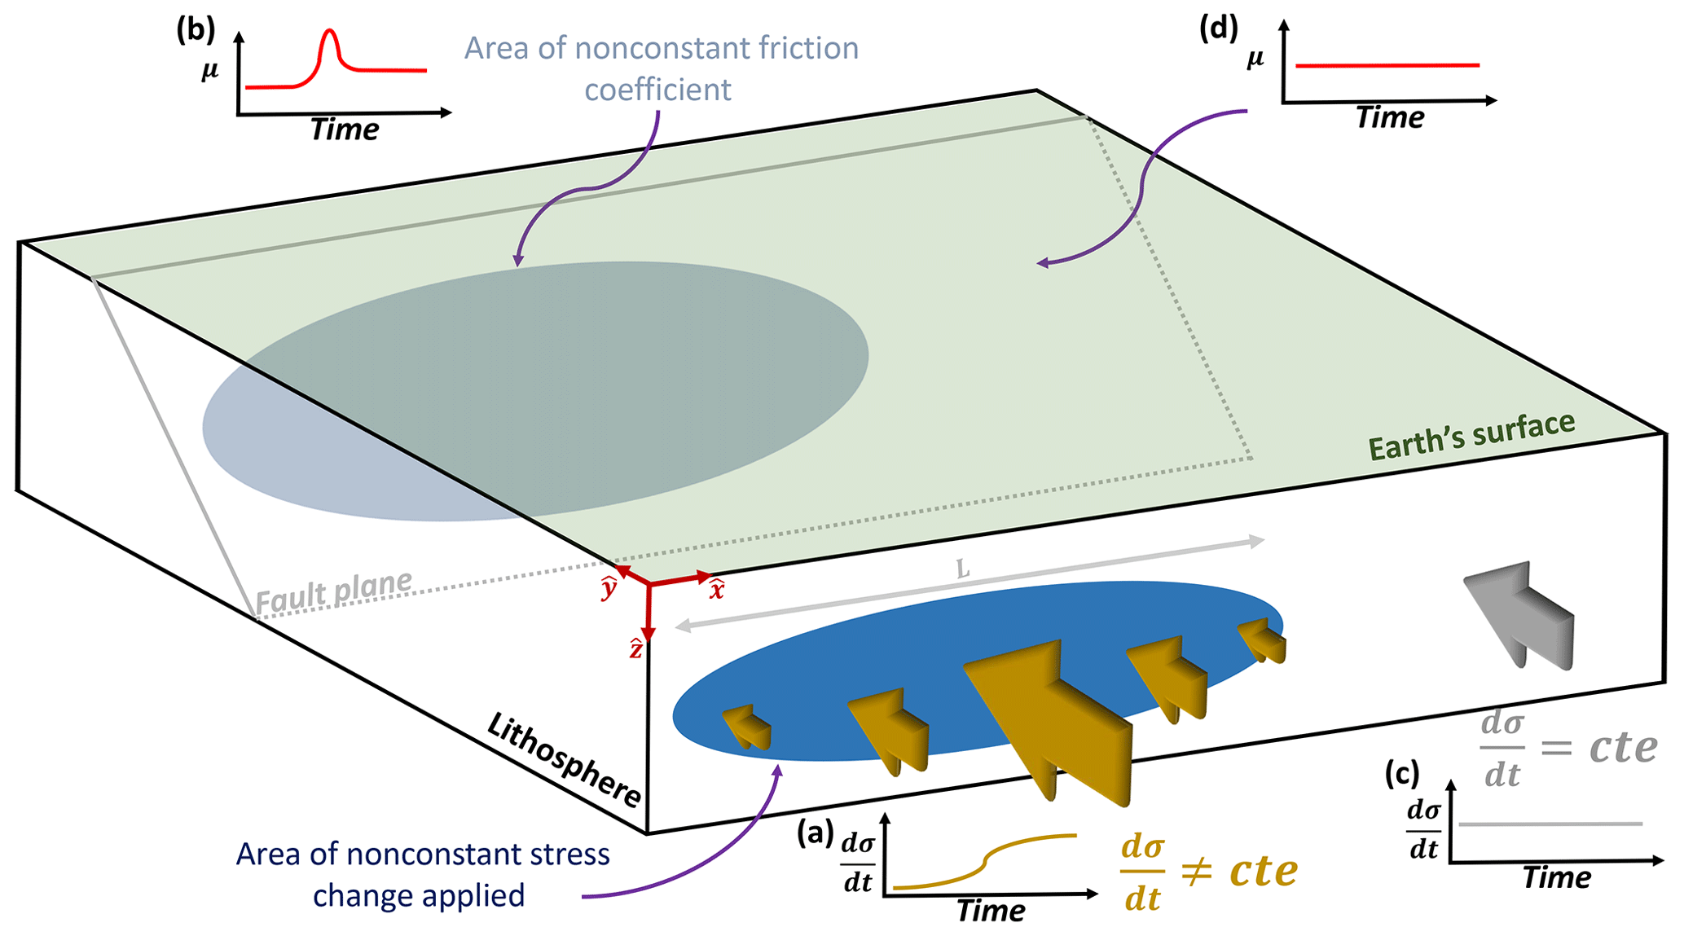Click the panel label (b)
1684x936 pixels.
tap(196, 30)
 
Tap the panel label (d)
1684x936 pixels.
tap(1219, 29)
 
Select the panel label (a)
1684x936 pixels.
tap(816, 833)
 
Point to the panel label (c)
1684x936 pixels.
tap(1401, 774)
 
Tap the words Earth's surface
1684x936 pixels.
tap(1471, 436)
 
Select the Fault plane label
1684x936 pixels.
tap(334, 592)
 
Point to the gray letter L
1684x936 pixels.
tap(963, 569)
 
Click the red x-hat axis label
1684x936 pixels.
tap(717, 589)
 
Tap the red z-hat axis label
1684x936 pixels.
tap(636, 649)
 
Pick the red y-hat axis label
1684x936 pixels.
tap(609, 587)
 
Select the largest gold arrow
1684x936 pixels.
tap(1051, 717)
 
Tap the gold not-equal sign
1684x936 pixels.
tap(1196, 872)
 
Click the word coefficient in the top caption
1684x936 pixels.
tap(657, 90)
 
